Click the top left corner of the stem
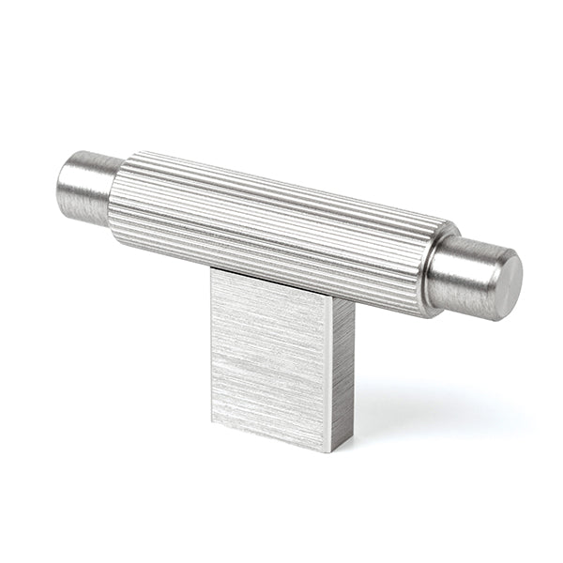(212, 269)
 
